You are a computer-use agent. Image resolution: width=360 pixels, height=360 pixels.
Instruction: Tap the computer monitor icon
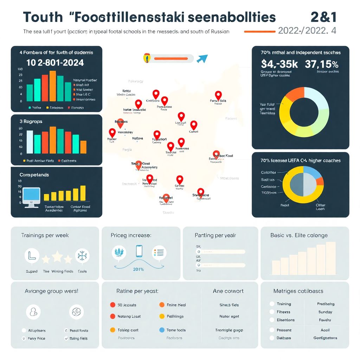coord(32,197)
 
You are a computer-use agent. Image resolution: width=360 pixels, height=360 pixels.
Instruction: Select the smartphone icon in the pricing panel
coord(139,251)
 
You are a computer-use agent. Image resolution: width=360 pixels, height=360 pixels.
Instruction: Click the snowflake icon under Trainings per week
coord(82,256)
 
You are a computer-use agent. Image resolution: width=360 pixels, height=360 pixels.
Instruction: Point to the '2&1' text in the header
coord(323,17)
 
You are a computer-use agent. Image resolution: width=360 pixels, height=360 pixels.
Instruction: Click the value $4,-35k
coord(279,64)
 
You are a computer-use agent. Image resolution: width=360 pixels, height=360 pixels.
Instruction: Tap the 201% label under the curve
coord(138,269)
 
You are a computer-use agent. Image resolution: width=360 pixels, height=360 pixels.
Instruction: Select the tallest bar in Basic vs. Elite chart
coord(330,258)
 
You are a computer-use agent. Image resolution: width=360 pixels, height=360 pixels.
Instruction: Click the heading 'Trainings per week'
coord(45,235)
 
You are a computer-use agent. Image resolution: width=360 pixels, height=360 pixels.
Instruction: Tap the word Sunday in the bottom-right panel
coord(325,312)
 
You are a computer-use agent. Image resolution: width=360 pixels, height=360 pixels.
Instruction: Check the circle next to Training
coord(272,304)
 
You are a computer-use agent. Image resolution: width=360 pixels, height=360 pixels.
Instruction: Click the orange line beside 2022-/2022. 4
coord(259,31)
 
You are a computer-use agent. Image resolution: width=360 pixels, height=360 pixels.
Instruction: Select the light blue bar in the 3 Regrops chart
coord(30,142)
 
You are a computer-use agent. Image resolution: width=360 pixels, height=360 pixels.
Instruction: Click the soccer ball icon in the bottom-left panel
coord(76,311)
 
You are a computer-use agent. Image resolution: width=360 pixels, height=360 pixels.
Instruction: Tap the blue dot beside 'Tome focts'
coord(162,330)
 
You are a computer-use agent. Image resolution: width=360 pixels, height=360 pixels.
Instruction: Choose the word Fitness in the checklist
coord(283,312)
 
